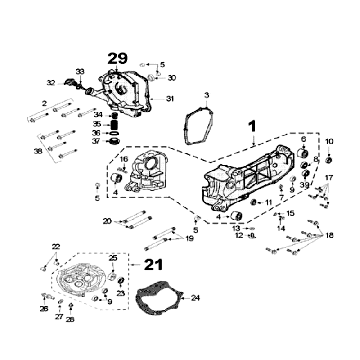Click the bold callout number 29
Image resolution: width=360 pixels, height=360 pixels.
(117, 59)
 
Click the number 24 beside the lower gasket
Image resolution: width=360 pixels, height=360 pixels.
(196, 297)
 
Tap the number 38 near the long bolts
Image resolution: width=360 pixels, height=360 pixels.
(38, 150)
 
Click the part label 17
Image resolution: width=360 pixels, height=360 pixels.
(329, 177)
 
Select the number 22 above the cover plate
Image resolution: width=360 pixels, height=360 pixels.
(56, 245)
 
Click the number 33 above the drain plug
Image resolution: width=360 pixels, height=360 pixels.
(79, 72)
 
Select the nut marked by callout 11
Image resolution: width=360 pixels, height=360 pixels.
(255, 203)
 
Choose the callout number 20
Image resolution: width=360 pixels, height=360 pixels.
(108, 220)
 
